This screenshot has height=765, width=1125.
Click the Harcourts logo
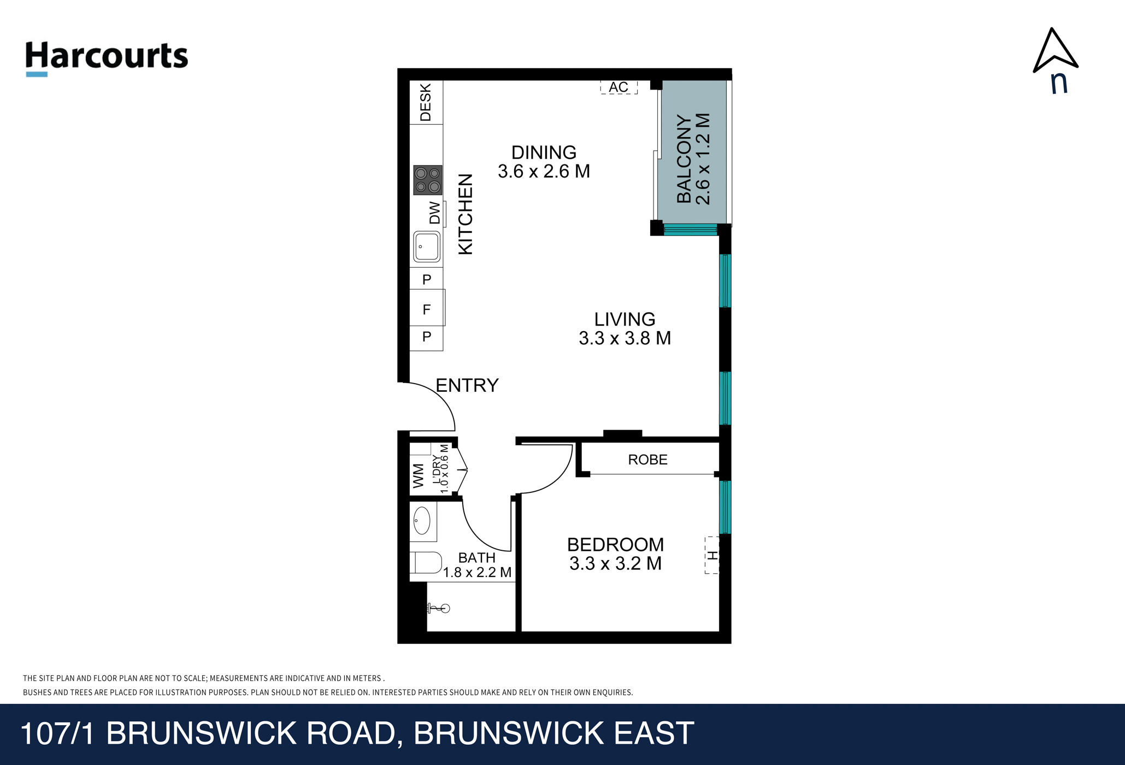[107, 58]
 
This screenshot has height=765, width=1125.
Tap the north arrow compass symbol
[1055, 60]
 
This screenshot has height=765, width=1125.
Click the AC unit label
[619, 87]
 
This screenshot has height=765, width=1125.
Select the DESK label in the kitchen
[426, 102]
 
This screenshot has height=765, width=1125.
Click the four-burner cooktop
[427, 180]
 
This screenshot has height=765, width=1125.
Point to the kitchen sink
[427, 247]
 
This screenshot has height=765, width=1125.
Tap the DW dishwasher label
[435, 213]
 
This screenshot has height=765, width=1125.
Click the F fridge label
[427, 310]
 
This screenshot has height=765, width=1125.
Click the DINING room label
[544, 152]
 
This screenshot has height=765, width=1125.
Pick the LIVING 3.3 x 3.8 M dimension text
[625, 338]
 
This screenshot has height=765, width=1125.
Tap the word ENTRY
[467, 386]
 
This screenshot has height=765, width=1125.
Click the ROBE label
[648, 460]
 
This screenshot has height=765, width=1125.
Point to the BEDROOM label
[616, 545]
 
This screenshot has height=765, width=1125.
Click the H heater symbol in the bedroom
[712, 555]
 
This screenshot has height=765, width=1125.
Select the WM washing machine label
[419, 476]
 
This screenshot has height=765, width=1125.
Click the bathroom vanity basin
[422, 520]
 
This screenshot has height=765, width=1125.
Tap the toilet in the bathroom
[427, 562]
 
